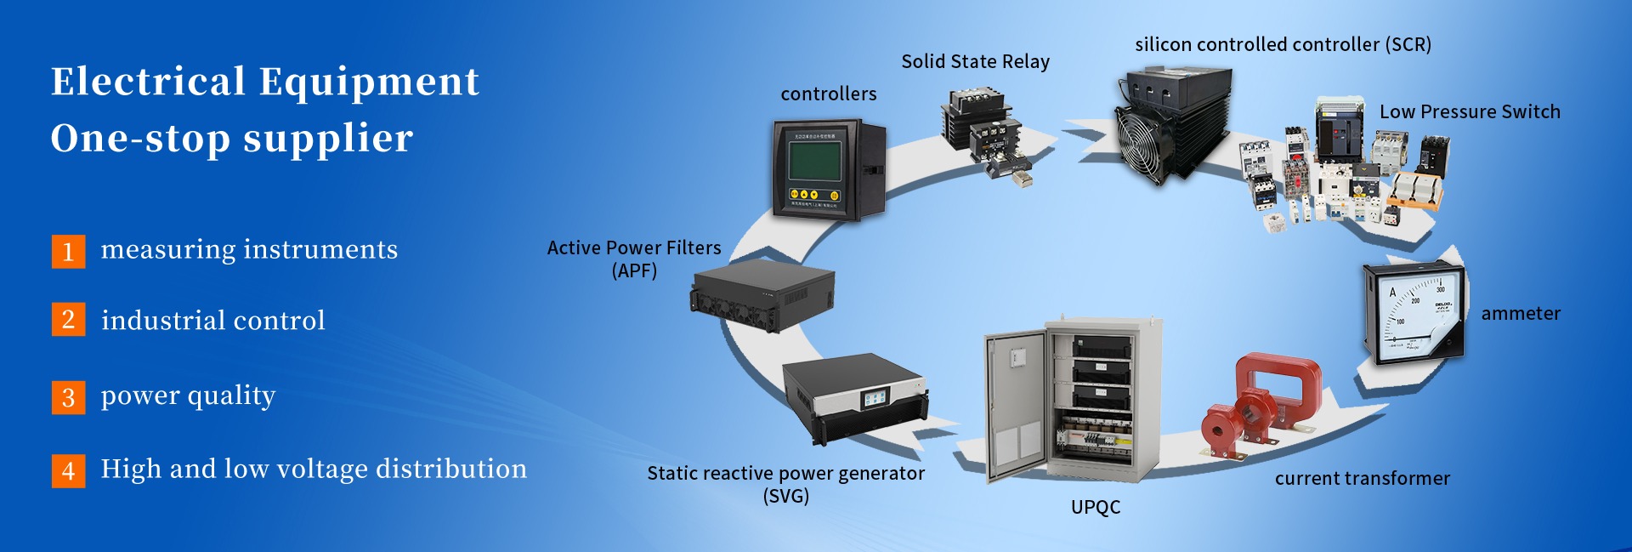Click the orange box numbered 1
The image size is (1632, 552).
[x=68, y=252]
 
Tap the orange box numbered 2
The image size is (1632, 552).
[x=68, y=320]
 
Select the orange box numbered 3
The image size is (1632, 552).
[x=68, y=397]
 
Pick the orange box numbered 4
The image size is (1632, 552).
[x=68, y=470]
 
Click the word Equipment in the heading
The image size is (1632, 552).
[x=369, y=83]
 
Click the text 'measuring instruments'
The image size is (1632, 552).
[x=249, y=250]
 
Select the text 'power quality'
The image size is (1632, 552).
[x=188, y=396]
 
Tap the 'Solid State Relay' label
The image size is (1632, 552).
[x=975, y=62]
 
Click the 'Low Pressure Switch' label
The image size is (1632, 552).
[x=1470, y=112]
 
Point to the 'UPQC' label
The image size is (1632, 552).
[x=1095, y=508]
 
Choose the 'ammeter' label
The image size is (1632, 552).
[x=1521, y=314]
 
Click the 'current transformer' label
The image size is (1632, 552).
[x=1362, y=479]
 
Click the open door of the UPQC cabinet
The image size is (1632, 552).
[x=1016, y=404]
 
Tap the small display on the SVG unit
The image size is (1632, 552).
[x=875, y=397]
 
